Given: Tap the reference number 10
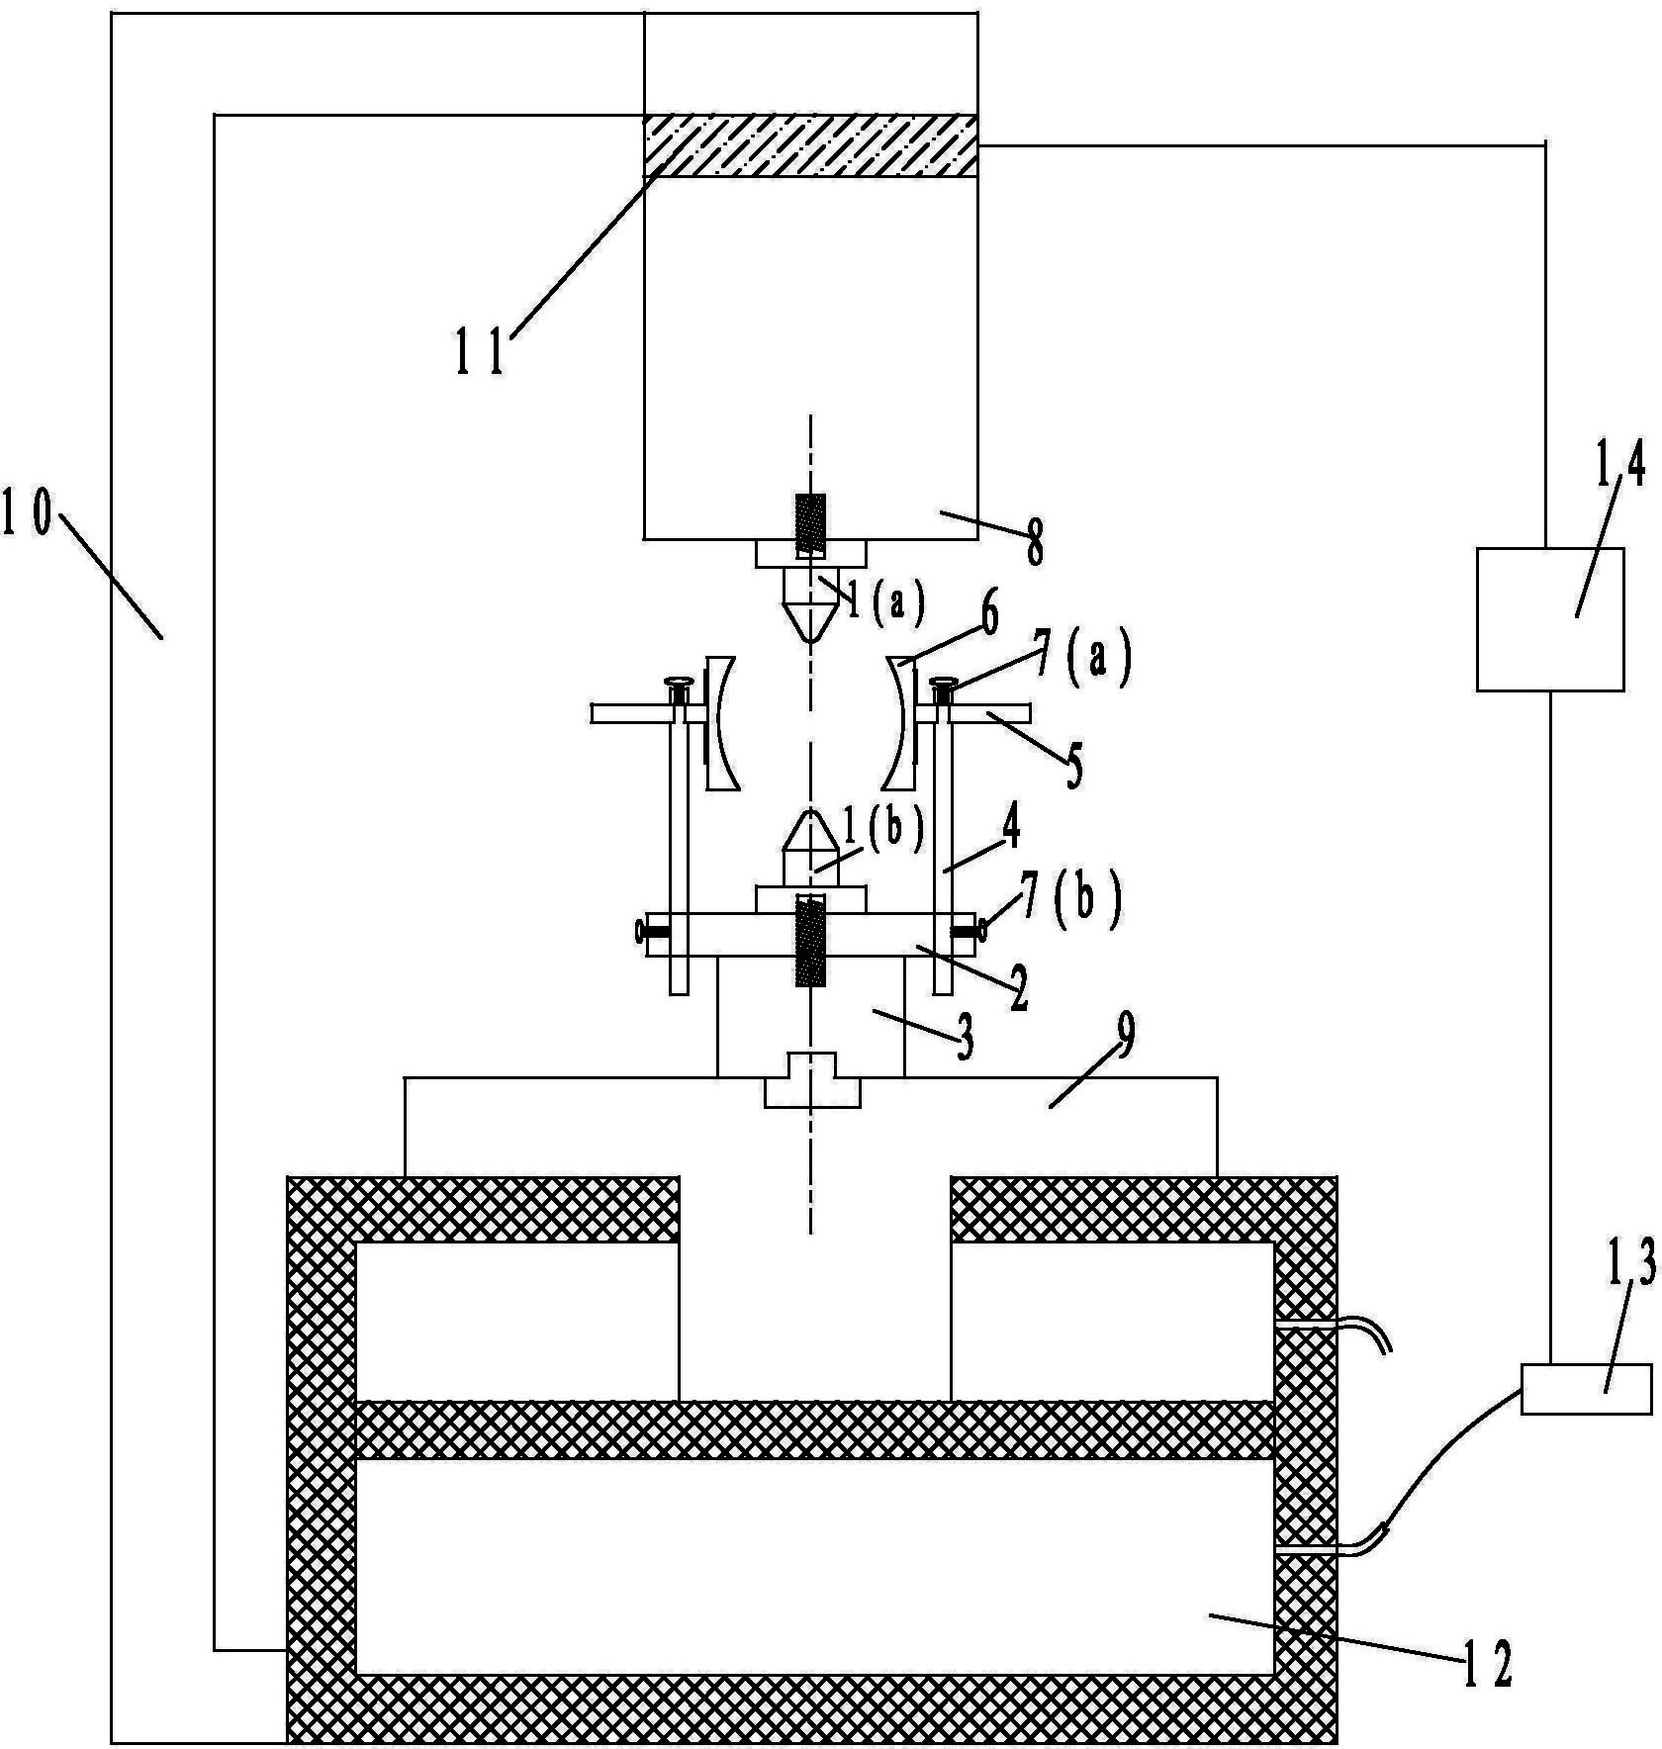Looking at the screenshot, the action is click(x=27, y=515).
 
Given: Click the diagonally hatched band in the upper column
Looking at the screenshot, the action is click(x=810, y=145).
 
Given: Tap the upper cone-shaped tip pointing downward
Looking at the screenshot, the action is click(x=810, y=604).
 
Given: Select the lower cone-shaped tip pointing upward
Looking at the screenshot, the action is click(x=810, y=847).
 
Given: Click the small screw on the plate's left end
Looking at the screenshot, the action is click(x=652, y=930).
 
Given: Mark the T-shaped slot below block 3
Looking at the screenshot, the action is click(x=811, y=1079).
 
